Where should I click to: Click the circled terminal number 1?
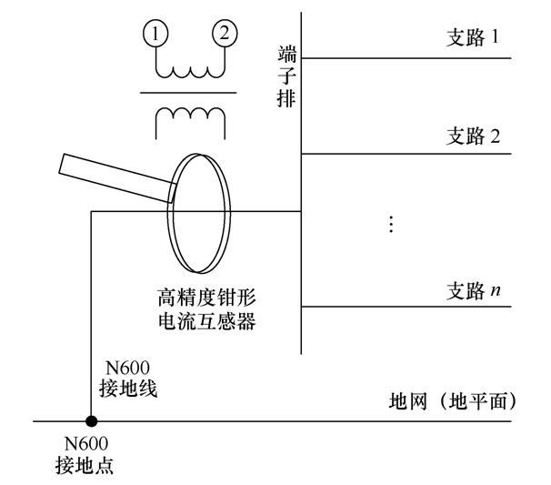coord(156,35)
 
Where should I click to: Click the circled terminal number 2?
coord(223,35)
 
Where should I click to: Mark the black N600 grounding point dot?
coord(91,421)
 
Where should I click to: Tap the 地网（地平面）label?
coord(451,401)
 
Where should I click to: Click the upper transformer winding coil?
coord(189,68)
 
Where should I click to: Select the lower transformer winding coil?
coord(189,116)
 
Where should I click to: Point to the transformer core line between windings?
coord(189,93)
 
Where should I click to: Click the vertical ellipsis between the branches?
coord(391,223)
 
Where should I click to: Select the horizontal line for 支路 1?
coord(409,58)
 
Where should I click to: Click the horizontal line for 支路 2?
coord(409,154)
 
